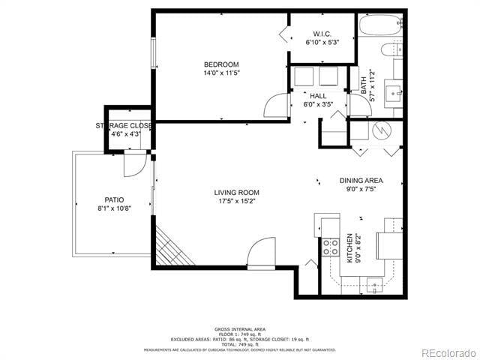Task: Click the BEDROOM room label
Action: click(221, 64)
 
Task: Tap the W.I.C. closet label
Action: click(322, 34)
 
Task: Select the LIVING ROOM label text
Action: click(236, 193)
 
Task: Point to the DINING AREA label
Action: click(361, 181)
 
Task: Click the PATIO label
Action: click(114, 199)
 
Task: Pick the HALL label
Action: click(318, 97)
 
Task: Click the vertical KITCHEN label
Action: click(349, 248)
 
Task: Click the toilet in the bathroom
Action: click(390, 51)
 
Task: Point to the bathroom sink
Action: click(391, 93)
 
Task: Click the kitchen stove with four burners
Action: click(330, 247)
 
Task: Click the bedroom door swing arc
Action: click(277, 105)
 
